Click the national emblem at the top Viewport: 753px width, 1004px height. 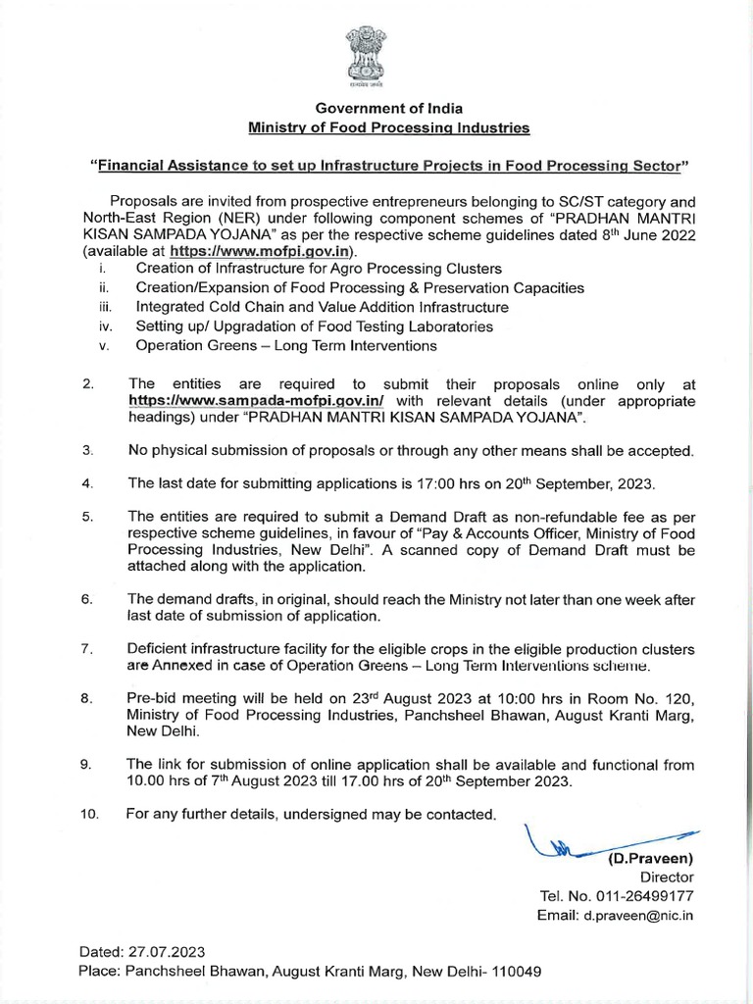pos(376,58)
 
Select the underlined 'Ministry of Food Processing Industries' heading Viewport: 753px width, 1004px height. pos(389,128)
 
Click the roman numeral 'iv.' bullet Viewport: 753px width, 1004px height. pos(104,326)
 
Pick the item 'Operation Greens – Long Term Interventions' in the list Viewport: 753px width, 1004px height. pos(286,346)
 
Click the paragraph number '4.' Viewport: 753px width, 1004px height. pos(87,484)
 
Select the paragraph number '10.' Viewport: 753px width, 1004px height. pos(89,814)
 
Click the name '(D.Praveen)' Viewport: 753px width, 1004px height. pos(651,859)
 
